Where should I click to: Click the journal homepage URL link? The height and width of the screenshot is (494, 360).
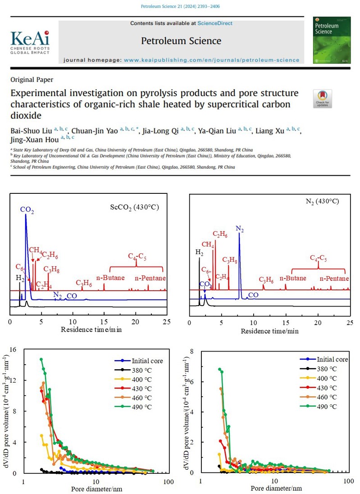point(211,59)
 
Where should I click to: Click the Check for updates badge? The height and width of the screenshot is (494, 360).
point(322,99)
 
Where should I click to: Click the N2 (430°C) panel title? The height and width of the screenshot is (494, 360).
point(324,201)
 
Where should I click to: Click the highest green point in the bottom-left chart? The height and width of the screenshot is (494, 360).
point(41,359)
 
